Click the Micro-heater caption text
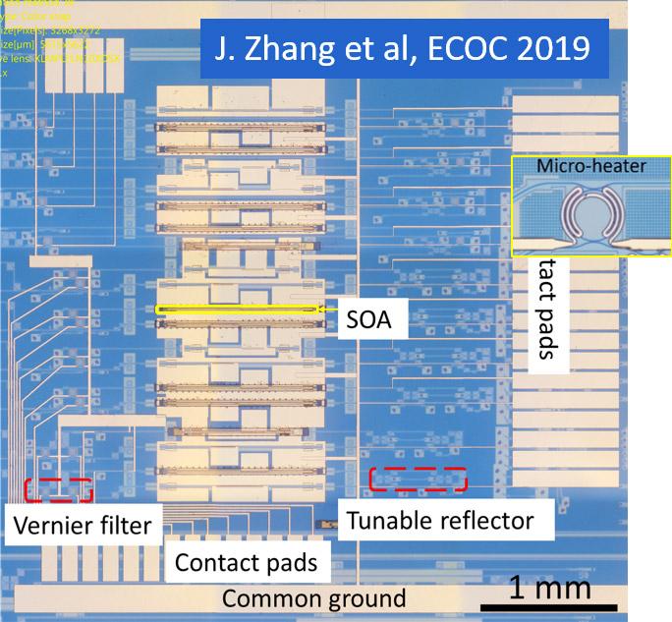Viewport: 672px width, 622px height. [x=590, y=166]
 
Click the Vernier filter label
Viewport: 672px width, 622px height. [x=83, y=525]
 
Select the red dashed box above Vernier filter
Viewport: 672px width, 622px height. [x=59, y=489]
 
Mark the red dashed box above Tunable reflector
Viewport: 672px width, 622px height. [x=418, y=479]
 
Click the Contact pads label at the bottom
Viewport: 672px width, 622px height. [x=246, y=562]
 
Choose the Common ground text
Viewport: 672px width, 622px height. [x=313, y=598]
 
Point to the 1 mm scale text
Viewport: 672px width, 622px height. [x=550, y=587]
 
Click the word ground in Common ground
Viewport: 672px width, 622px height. [x=364, y=598]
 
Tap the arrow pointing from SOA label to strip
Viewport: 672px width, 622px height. [x=329, y=311]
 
